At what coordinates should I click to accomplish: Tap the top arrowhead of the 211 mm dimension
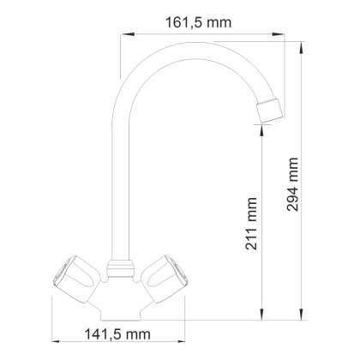pyautogui.click(x=259, y=127)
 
